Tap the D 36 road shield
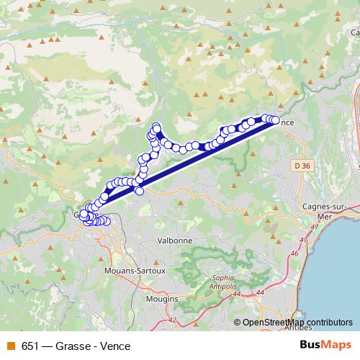303,166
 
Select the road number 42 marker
171,319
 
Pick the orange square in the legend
9,346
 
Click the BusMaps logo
325,346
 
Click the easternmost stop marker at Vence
275,121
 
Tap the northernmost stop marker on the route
156,127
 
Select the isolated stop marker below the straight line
140,190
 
